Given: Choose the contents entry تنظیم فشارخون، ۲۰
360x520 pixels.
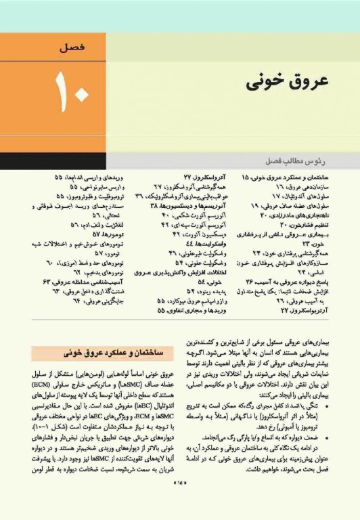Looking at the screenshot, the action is coord(291,223).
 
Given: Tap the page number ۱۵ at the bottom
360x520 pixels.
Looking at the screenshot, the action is coord(180,502).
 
